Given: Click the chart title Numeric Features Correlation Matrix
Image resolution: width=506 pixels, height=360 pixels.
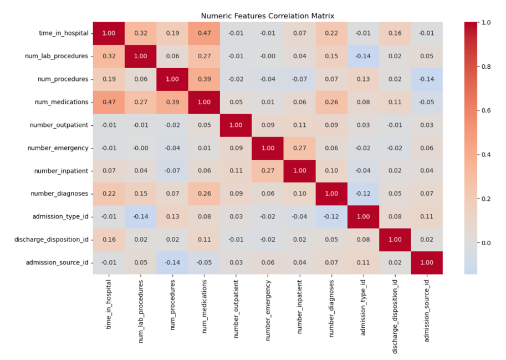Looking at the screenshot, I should point(268,16).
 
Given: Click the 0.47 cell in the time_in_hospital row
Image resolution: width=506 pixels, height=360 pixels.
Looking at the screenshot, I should point(205,33).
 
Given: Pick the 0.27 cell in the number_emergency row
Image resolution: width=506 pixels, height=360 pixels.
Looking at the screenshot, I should point(300,148).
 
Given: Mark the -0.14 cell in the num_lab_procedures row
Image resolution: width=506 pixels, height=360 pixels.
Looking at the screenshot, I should point(364,56).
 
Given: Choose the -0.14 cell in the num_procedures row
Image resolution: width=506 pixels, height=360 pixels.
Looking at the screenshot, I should point(427,79).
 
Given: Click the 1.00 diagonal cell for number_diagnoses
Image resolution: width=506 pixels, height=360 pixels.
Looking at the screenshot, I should point(331,194).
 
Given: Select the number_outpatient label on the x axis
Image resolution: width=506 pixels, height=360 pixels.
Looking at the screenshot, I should point(236,308).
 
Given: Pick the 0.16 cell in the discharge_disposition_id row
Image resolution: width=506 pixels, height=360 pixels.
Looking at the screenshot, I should point(109,240).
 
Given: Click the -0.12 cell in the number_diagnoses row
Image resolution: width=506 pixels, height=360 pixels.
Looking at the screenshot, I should point(364,194).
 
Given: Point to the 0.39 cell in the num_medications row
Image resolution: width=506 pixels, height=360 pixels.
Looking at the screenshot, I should point(172,102).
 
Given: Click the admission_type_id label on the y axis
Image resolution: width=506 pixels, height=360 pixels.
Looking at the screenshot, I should point(60,217).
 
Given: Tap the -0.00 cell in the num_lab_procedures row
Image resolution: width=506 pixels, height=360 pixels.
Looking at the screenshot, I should point(268,56).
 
